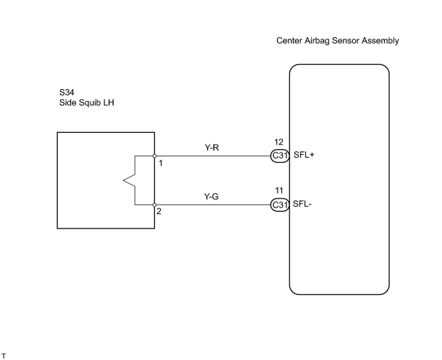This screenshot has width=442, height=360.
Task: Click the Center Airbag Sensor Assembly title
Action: pyautogui.click(x=338, y=41)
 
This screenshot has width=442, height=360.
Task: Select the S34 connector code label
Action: pyautogui.click(x=66, y=93)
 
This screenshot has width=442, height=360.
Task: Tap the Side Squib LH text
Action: pyautogui.click(x=86, y=102)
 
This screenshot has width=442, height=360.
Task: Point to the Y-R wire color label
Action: pyautogui.click(x=212, y=148)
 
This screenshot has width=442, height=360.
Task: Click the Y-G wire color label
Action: pyautogui.click(x=211, y=196)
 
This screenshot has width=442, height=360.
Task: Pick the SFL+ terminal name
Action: pyautogui.click(x=304, y=155)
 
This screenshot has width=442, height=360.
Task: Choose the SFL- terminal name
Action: pyautogui.click(x=302, y=204)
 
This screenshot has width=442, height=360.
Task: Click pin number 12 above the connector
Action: pyautogui.click(x=278, y=142)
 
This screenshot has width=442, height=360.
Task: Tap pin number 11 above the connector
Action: pyautogui.click(x=279, y=191)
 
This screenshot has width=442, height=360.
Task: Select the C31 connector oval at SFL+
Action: pyautogui.click(x=280, y=156)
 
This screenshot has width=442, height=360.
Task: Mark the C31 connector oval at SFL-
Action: pyautogui.click(x=280, y=204)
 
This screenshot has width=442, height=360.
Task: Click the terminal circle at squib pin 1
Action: pyautogui.click(x=154, y=156)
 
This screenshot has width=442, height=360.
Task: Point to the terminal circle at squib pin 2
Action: pyautogui.click(x=154, y=204)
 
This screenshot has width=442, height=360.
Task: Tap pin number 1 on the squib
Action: pyautogui.click(x=161, y=163)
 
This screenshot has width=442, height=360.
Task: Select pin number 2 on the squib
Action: pyautogui.click(x=159, y=211)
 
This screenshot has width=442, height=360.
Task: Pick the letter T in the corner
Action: pyautogui.click(x=4, y=356)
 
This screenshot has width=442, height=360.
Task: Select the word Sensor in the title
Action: pyautogui.click(x=346, y=41)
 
